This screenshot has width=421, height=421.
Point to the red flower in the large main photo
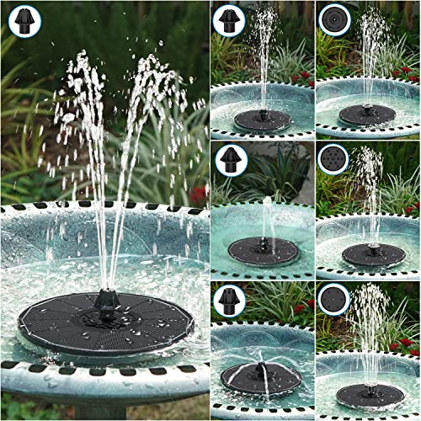click(199, 195)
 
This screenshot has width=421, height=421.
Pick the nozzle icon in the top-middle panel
click(229, 20)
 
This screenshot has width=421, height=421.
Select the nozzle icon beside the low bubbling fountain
click(229, 159)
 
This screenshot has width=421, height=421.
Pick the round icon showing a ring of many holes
click(333, 159)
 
